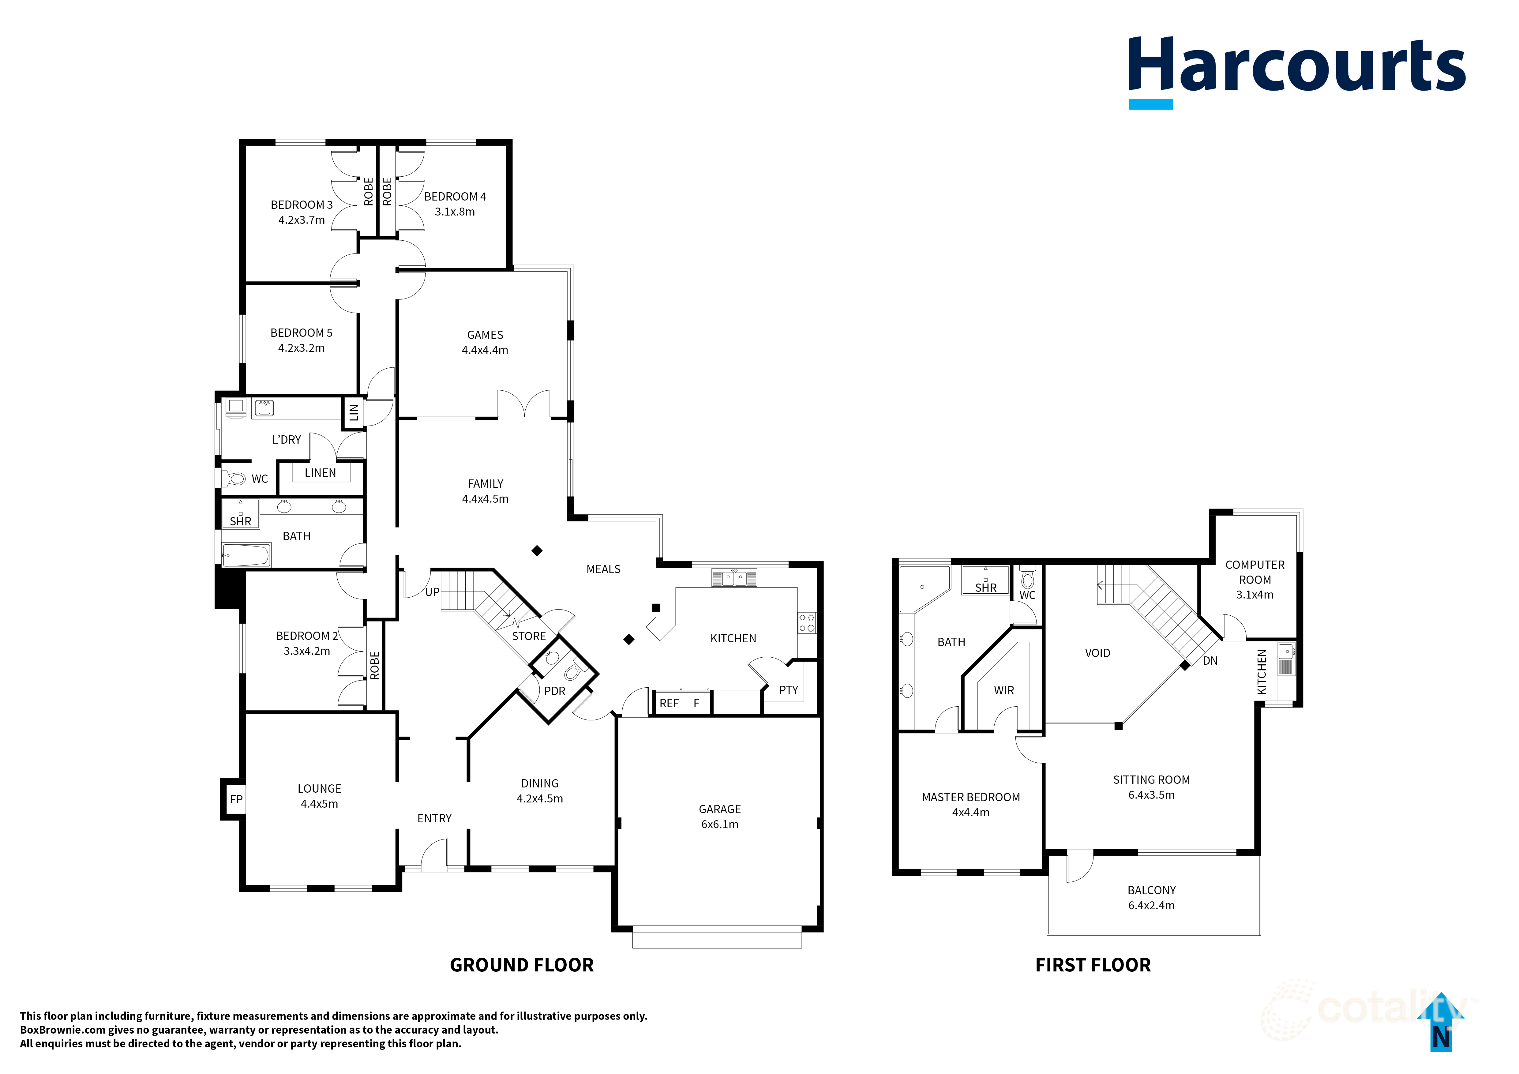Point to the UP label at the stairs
(432, 591)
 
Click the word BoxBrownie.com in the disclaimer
(63, 1030)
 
